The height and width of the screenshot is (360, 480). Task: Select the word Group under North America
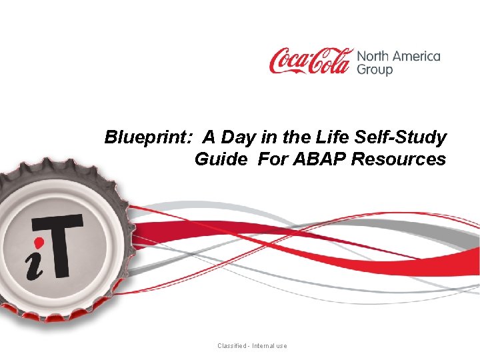pyautogui.click(x=375, y=69)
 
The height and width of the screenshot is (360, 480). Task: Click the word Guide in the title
pyautogui.click(x=215, y=160)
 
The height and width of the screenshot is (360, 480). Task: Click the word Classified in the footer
pyautogui.click(x=232, y=346)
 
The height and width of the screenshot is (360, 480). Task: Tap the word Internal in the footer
pyautogui.click(x=265, y=346)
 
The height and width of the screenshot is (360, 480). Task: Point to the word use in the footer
pyautogui.click(x=282, y=346)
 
